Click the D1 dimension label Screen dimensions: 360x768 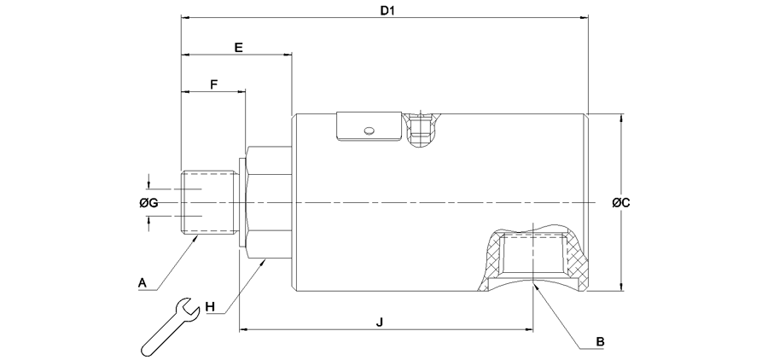coord(387,10)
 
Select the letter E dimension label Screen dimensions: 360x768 coord(238,48)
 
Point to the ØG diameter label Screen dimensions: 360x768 coord(148,202)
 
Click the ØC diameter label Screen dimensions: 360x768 coord(621,202)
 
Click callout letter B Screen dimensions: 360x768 coord(600,341)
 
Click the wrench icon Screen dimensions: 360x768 coord(170,326)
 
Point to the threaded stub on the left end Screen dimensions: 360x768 coord(207,202)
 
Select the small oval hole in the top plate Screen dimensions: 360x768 coord(369,131)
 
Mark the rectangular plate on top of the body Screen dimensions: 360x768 coord(368,126)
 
